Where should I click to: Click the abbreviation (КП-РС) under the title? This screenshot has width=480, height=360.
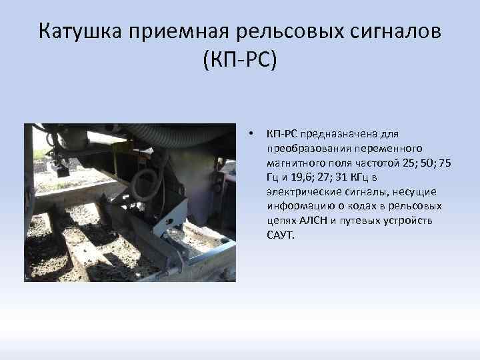[239, 61]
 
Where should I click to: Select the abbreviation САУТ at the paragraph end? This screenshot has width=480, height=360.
[279, 235]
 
